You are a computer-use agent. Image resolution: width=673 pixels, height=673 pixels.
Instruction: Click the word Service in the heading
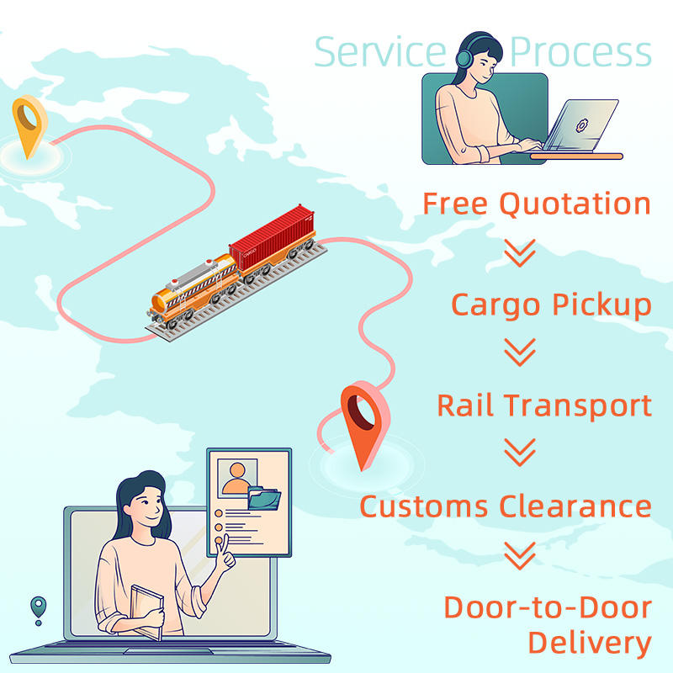(x=379, y=51)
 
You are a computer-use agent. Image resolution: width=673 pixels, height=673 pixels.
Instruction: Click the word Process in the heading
(x=580, y=51)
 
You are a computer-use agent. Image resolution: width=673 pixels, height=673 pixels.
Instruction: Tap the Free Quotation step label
(x=536, y=204)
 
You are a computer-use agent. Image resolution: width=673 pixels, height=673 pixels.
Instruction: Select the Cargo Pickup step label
(x=551, y=305)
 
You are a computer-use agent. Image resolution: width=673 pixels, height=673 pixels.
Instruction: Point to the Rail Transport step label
(x=544, y=405)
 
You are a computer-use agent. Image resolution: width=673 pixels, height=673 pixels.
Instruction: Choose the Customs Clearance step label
(x=506, y=506)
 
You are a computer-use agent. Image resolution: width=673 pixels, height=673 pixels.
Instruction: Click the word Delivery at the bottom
(x=589, y=643)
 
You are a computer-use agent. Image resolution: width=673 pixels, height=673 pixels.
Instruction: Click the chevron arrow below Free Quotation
(x=520, y=252)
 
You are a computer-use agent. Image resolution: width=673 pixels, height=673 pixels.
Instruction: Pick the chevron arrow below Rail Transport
(x=520, y=454)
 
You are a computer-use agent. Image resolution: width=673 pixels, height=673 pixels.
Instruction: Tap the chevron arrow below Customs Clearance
(x=520, y=555)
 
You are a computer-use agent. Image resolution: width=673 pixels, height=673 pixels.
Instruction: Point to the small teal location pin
(x=38, y=607)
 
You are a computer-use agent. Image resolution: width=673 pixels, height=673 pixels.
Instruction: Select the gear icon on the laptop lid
(x=580, y=125)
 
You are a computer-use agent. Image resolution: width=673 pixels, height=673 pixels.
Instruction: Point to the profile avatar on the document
(x=238, y=477)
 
